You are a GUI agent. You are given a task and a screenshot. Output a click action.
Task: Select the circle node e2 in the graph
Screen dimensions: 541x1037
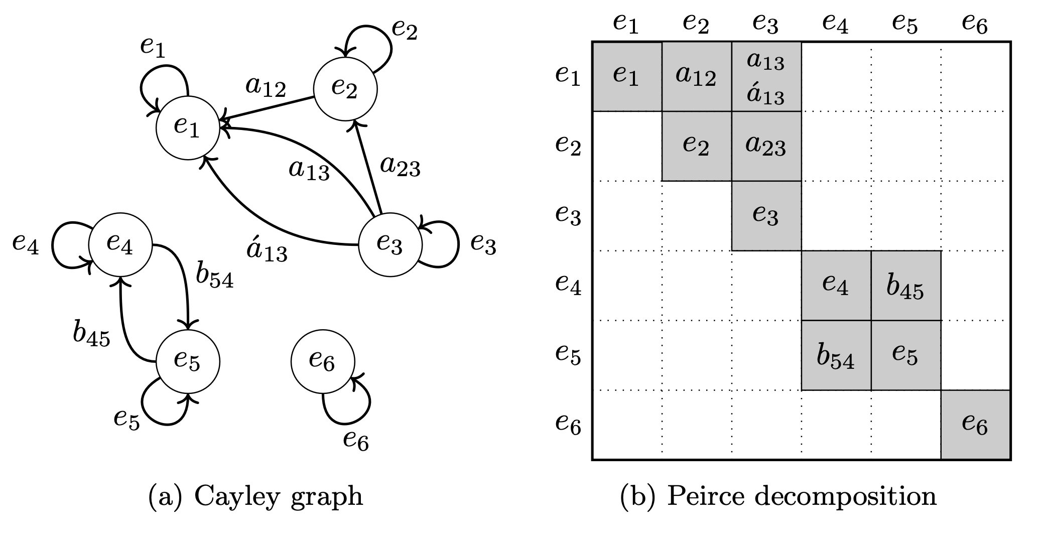[345, 89]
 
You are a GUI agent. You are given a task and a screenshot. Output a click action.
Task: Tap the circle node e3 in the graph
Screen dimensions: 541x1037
[391, 245]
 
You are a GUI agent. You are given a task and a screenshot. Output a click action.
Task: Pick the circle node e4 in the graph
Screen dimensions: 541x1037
[120, 245]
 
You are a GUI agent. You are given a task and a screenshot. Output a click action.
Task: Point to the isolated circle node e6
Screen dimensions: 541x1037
[323, 361]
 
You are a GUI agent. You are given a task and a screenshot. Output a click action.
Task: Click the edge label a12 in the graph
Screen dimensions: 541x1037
[266, 88]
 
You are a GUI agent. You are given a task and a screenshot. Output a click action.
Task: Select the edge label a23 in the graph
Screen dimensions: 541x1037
[400, 167]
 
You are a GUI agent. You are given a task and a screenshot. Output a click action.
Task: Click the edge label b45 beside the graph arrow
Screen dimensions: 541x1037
[91, 335]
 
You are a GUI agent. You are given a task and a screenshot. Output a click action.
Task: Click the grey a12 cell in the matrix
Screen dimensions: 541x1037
[696, 77]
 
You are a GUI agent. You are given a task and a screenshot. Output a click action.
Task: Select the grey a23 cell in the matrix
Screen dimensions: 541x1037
[766, 146]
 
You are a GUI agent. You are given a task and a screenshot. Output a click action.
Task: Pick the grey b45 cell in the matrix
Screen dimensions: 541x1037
[905, 286]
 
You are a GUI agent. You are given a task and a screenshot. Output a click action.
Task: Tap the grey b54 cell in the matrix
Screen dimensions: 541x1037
[836, 355]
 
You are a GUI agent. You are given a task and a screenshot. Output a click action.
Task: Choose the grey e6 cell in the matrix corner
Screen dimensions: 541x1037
[975, 425]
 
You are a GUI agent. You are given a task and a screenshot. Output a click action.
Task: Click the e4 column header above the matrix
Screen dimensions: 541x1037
[836, 24]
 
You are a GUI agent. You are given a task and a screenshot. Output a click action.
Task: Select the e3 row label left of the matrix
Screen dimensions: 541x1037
[568, 215]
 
